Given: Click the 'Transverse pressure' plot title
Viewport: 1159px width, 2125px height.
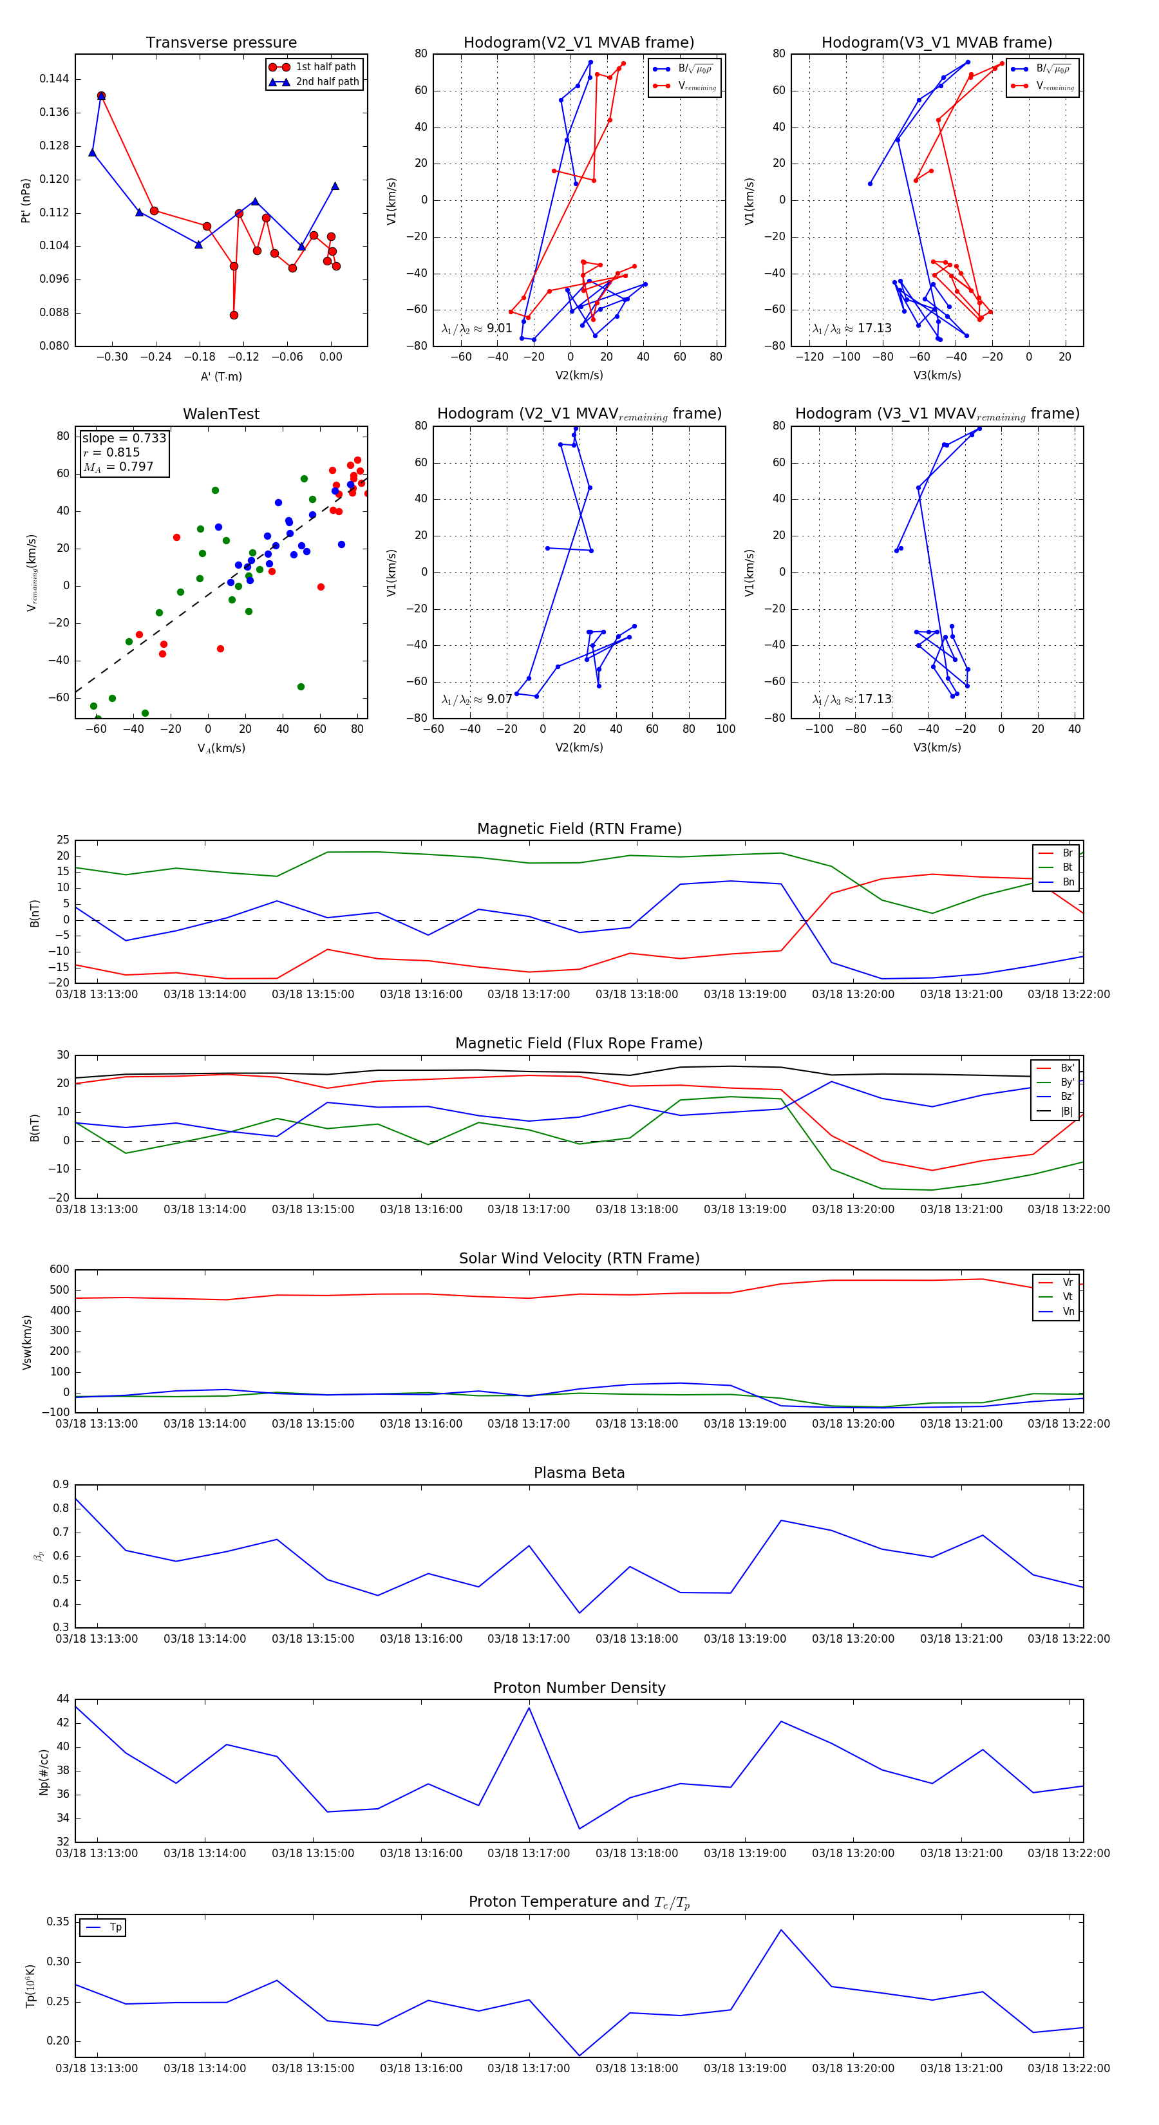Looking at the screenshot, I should click(221, 43).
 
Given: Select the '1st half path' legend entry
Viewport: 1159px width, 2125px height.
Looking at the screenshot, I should click(325, 67).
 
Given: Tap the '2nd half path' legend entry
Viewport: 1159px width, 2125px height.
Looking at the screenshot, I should click(326, 82).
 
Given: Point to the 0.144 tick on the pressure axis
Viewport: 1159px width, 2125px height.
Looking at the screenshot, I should click(55, 79).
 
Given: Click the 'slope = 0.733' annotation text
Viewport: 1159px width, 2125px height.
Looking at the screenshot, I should click(124, 438).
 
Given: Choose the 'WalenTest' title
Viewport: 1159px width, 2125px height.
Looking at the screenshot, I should click(221, 414).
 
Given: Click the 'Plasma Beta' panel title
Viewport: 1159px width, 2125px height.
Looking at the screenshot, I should click(579, 1473).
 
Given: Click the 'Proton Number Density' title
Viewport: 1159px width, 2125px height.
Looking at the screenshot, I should click(579, 1688).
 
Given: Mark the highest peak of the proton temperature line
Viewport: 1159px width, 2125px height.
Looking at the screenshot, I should click(781, 1929).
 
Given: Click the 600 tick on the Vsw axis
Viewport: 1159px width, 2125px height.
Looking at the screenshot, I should click(59, 1270).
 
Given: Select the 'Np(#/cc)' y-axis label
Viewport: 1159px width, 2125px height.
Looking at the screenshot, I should click(44, 1772).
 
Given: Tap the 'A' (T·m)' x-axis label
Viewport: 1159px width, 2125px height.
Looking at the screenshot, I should click(221, 376).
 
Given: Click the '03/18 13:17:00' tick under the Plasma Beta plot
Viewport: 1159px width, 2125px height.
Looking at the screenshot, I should click(529, 1638).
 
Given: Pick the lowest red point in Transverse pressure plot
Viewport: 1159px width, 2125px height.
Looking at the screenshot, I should click(234, 315).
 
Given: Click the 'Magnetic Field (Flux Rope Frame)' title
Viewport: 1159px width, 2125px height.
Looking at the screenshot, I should click(579, 1044).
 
